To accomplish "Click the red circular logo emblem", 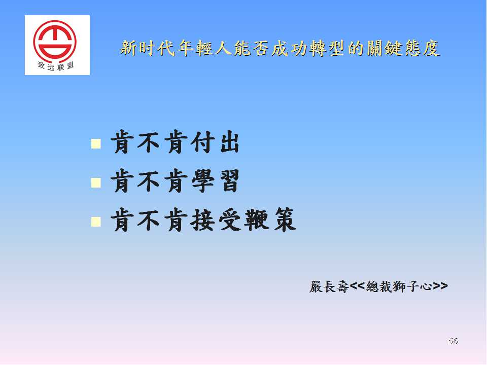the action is click(55, 41).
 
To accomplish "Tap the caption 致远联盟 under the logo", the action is click(56, 66).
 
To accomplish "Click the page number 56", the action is click(453, 341).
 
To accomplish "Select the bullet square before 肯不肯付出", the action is click(96, 143).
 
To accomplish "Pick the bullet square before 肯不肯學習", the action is click(96, 182).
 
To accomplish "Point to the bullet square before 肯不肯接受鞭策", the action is click(96, 222).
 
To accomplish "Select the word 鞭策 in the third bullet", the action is click(269, 220).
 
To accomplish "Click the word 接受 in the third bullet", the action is click(216, 220).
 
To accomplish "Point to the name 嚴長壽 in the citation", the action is click(329, 286).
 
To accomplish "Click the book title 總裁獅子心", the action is click(399, 286).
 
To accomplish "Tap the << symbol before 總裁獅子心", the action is click(357, 286).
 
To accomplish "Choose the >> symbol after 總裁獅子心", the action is click(440, 286).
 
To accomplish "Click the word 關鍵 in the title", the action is click(385, 48).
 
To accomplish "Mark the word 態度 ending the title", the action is click(422, 48).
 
